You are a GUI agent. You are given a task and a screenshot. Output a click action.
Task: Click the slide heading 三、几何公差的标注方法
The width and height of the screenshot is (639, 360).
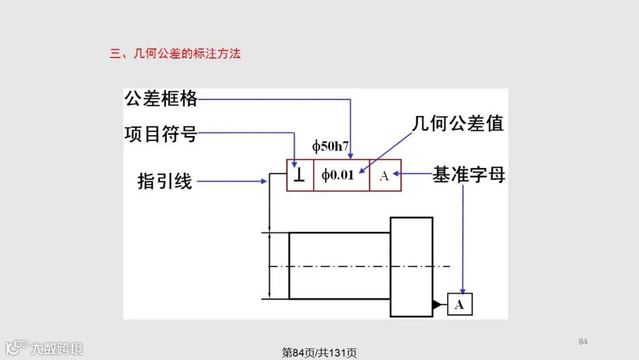click(175, 54)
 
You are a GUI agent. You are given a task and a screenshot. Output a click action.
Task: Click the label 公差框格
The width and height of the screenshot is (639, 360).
click(160, 98)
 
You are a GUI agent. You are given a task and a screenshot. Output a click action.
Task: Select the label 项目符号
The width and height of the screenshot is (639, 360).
click(160, 134)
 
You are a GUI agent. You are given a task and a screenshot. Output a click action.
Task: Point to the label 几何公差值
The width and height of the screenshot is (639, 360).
click(458, 124)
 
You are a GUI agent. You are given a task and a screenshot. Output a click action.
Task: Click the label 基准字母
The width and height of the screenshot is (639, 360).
click(469, 175)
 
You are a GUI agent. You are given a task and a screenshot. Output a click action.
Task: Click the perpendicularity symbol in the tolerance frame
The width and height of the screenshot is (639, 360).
click(299, 175)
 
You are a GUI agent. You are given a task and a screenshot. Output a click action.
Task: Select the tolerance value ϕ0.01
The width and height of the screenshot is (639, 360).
click(338, 175)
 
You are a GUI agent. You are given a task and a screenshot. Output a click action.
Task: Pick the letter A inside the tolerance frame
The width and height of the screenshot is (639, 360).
click(384, 175)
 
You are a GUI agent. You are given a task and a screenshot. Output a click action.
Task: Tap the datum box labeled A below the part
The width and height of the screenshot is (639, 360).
click(460, 304)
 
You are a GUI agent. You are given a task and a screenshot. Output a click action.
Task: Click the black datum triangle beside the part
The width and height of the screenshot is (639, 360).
click(437, 304)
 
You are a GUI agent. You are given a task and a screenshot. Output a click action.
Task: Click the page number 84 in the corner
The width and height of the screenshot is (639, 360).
click(583, 341)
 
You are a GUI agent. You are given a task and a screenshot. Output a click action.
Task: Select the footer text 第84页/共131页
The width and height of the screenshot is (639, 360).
click(319, 353)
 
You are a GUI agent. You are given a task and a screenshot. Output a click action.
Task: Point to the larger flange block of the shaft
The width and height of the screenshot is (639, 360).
click(411, 266)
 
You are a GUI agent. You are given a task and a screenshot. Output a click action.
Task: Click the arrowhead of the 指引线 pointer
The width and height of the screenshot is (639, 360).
click(264, 181)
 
